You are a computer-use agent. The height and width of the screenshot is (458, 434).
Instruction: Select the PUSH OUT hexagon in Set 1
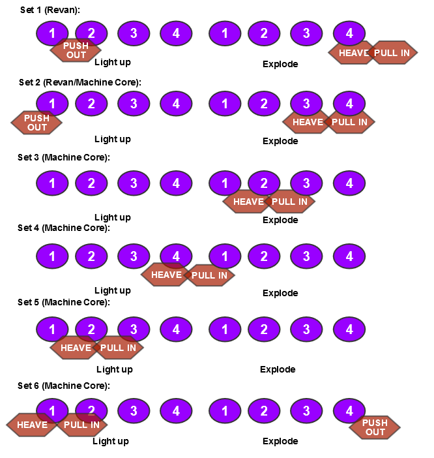(76, 50)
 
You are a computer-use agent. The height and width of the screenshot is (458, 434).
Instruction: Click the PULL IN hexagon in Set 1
(392, 53)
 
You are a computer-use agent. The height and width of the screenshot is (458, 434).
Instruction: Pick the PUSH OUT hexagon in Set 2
(37, 123)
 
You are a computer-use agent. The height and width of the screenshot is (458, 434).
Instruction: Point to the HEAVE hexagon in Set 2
(308, 122)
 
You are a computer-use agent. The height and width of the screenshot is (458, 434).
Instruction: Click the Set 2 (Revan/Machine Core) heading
(80, 82)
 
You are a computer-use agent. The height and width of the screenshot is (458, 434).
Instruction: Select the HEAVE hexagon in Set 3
(248, 202)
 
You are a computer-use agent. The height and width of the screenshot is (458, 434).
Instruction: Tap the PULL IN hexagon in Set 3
(289, 202)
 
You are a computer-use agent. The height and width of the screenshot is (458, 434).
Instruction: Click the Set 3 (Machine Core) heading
(64, 157)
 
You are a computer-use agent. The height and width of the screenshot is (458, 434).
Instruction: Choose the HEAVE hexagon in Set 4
(166, 275)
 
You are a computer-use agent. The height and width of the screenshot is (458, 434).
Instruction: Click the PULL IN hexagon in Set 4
(209, 275)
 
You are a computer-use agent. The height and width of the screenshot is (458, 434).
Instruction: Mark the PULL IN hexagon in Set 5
(118, 348)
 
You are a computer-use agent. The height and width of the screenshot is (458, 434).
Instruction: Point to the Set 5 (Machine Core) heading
(64, 302)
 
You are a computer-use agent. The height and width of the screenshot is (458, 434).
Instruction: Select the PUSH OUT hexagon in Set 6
(375, 427)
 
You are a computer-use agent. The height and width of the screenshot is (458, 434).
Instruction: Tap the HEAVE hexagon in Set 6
(32, 425)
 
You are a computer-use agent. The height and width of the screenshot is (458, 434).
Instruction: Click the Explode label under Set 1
(280, 64)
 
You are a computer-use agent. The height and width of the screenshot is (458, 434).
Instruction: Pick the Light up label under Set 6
(111, 441)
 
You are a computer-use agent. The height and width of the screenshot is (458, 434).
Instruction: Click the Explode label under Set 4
(280, 293)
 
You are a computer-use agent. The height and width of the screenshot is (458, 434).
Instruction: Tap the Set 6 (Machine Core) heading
(64, 386)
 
